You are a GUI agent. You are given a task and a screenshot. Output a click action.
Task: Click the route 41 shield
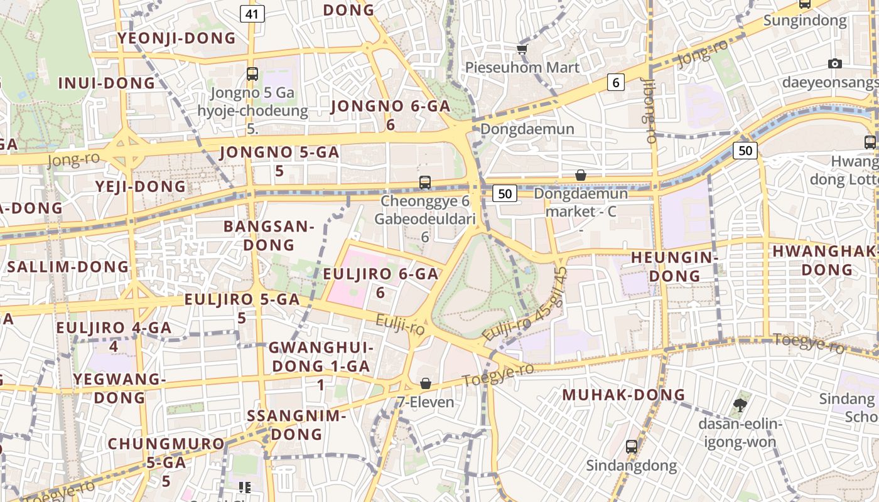click(252, 14)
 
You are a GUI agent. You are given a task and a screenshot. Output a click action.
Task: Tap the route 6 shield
click(616, 82)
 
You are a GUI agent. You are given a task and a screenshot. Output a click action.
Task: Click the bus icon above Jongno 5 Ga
click(252, 74)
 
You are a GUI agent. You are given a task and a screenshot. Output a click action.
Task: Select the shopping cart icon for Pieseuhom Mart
click(522, 49)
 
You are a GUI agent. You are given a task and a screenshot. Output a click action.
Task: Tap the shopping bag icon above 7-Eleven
click(426, 383)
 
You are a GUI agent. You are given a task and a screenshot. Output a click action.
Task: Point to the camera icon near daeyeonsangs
click(834, 63)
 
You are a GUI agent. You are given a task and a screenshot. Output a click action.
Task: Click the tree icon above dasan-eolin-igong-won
click(740, 405)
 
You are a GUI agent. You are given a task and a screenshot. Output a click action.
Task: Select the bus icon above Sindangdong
click(631, 447)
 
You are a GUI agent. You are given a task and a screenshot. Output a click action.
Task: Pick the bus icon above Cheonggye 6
click(425, 183)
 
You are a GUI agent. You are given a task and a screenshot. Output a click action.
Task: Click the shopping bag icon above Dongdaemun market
click(581, 175)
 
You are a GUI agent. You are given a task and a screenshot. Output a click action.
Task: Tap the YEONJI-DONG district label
click(177, 39)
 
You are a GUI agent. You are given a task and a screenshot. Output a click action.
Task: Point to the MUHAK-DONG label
click(623, 395)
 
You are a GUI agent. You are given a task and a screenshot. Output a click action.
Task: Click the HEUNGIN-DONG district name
click(674, 267)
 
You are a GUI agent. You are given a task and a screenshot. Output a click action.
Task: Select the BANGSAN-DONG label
click(268, 235)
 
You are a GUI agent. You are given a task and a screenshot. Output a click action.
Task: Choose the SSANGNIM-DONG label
click(296, 425)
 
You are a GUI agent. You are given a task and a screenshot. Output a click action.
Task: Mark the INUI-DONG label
click(106, 83)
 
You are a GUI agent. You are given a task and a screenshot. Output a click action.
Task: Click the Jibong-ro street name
click(649, 110)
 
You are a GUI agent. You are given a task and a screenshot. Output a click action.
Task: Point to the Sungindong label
click(805, 21)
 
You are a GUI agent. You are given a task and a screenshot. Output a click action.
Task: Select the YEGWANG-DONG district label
click(119, 388)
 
